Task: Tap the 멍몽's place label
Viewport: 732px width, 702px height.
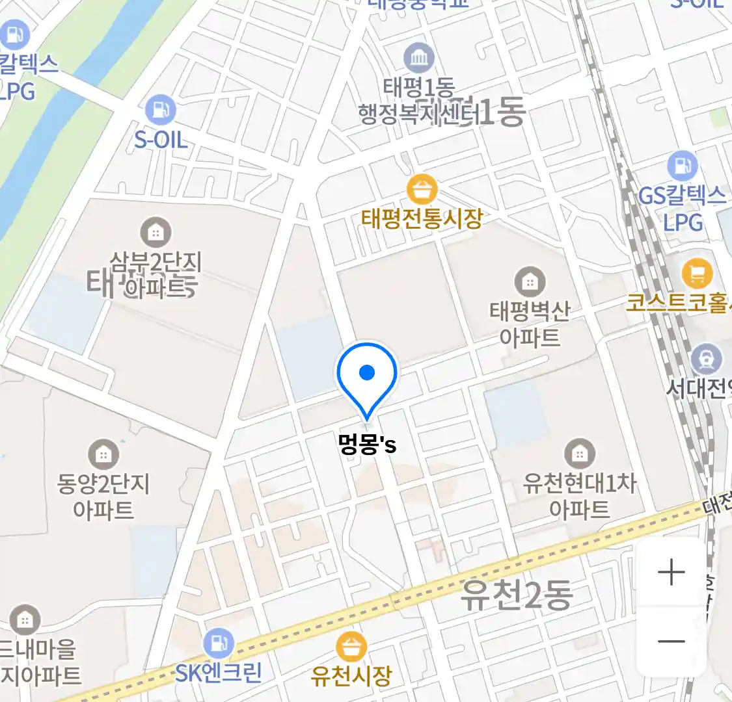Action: coord(367,444)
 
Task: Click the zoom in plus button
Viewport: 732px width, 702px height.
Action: coord(671,573)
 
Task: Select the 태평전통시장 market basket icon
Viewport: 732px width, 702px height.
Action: coord(422,190)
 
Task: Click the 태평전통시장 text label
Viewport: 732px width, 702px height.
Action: coord(422,218)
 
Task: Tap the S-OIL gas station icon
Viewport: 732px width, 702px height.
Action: coord(160,110)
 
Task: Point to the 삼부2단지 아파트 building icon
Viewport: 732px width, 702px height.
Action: coord(156,232)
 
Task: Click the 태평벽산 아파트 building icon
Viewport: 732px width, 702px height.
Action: coord(530,281)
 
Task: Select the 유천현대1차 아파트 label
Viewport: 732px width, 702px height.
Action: coord(579,495)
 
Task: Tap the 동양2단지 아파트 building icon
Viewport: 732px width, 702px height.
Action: coord(103,454)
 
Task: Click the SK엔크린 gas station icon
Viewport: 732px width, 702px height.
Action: coord(218,643)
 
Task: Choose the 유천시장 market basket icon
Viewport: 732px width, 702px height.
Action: coord(351,646)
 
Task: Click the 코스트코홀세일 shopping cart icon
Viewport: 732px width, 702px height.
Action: coord(697,274)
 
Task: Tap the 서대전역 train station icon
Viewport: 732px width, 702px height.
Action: coord(706,358)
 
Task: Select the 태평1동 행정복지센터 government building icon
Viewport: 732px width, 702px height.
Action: coord(419,58)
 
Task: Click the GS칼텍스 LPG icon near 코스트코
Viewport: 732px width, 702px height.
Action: coord(681,166)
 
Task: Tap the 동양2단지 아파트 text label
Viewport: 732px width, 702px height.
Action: coord(103,497)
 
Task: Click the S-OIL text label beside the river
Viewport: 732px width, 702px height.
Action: coord(160,139)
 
